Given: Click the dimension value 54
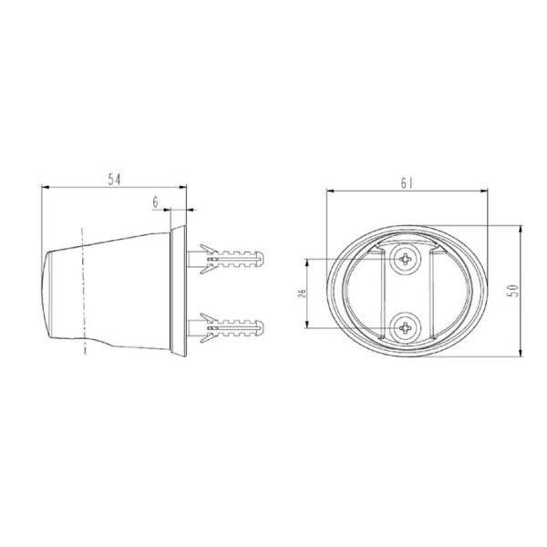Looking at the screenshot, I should (x=115, y=180).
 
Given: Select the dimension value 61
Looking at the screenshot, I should (x=407, y=182).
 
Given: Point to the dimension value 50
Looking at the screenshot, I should (x=512, y=291).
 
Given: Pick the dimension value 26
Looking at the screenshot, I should (x=302, y=294).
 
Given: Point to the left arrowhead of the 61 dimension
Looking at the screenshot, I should (x=330, y=191).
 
